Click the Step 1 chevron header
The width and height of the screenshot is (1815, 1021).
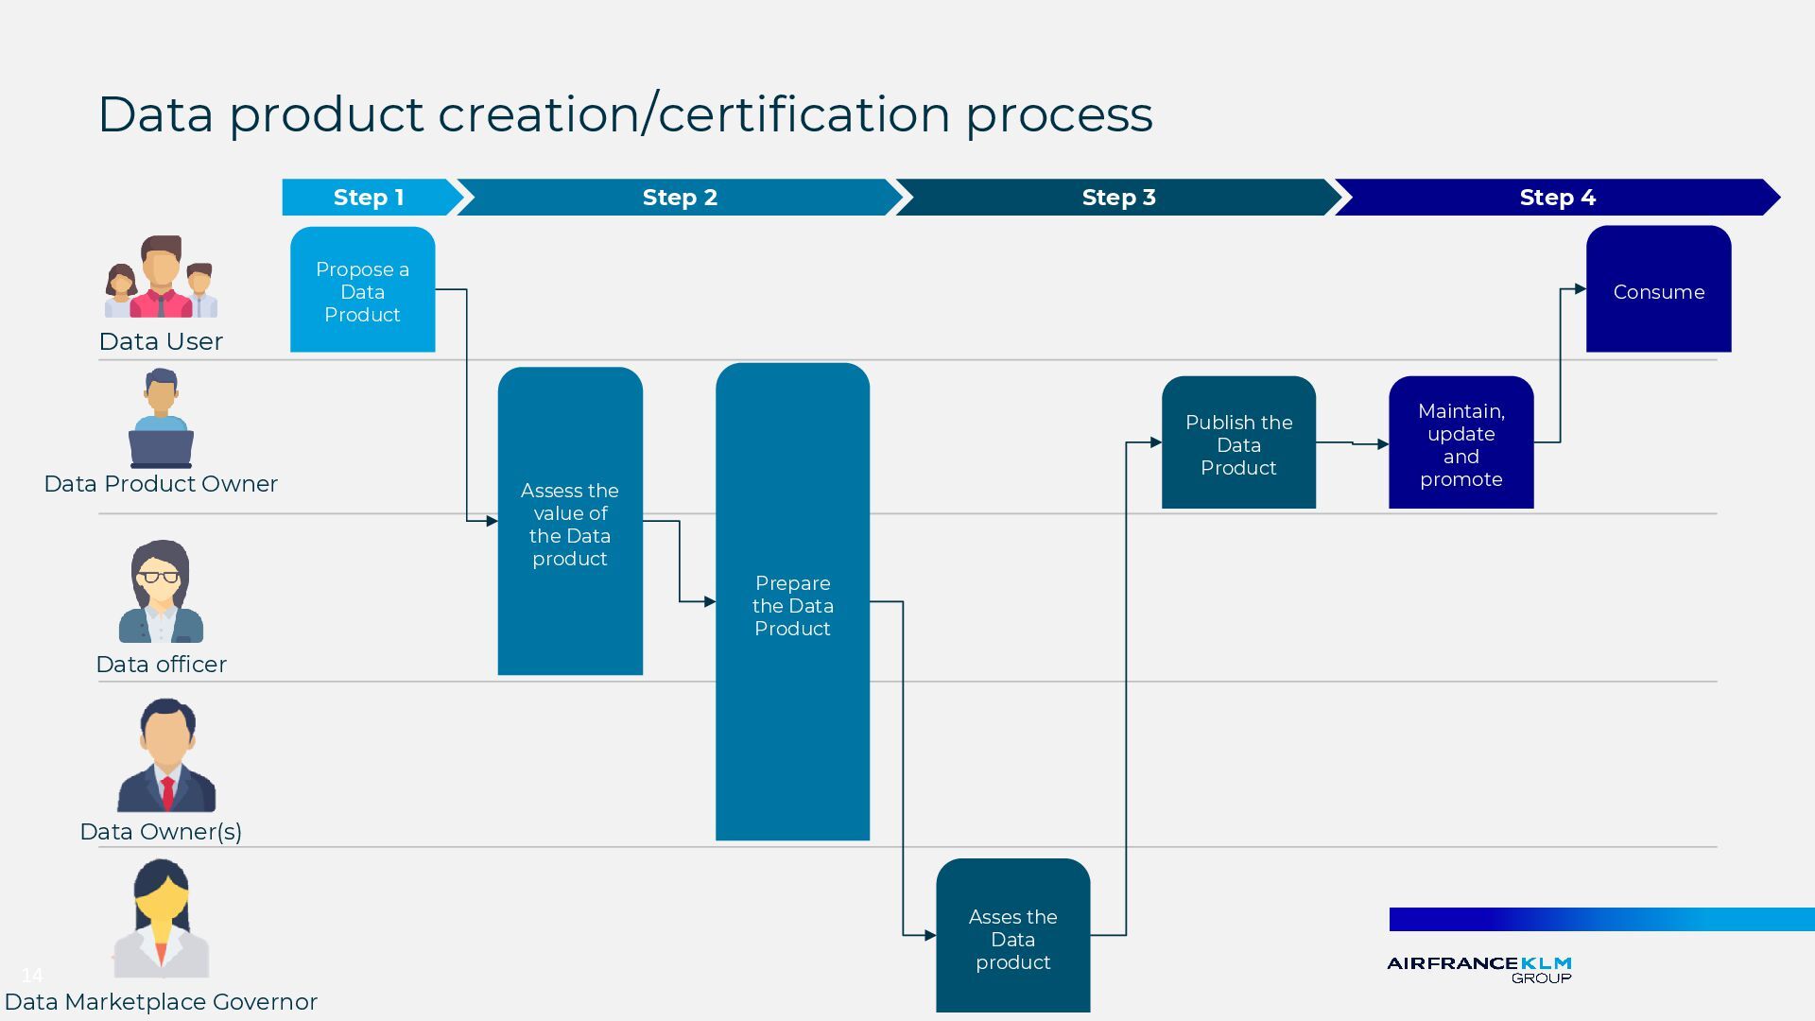[x=369, y=198]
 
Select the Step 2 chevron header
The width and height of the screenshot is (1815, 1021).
[x=680, y=198]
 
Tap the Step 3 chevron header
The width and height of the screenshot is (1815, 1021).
[x=1118, y=198]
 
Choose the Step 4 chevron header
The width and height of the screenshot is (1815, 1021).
[x=1557, y=198]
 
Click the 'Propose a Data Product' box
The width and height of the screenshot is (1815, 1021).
[x=362, y=291]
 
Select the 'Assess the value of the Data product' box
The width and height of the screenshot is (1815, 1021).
[x=570, y=523]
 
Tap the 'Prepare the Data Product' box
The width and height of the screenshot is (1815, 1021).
[x=792, y=605]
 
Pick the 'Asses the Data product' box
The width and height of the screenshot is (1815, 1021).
[x=1012, y=938]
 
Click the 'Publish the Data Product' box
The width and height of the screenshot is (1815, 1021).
[x=1238, y=444]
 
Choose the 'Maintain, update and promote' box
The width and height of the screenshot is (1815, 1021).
[x=1461, y=444]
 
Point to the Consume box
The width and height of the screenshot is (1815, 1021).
[x=1658, y=291]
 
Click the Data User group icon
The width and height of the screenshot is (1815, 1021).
[x=161, y=278]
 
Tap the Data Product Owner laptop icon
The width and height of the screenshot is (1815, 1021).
[x=161, y=420]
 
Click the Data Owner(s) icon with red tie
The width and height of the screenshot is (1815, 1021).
[x=166, y=756]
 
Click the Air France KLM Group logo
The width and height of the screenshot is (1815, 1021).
[x=1478, y=968]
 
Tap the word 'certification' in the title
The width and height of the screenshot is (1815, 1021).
[x=804, y=115]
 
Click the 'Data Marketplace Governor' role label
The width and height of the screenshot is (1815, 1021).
[x=161, y=1002]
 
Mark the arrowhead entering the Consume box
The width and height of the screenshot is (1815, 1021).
[x=1581, y=289]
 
